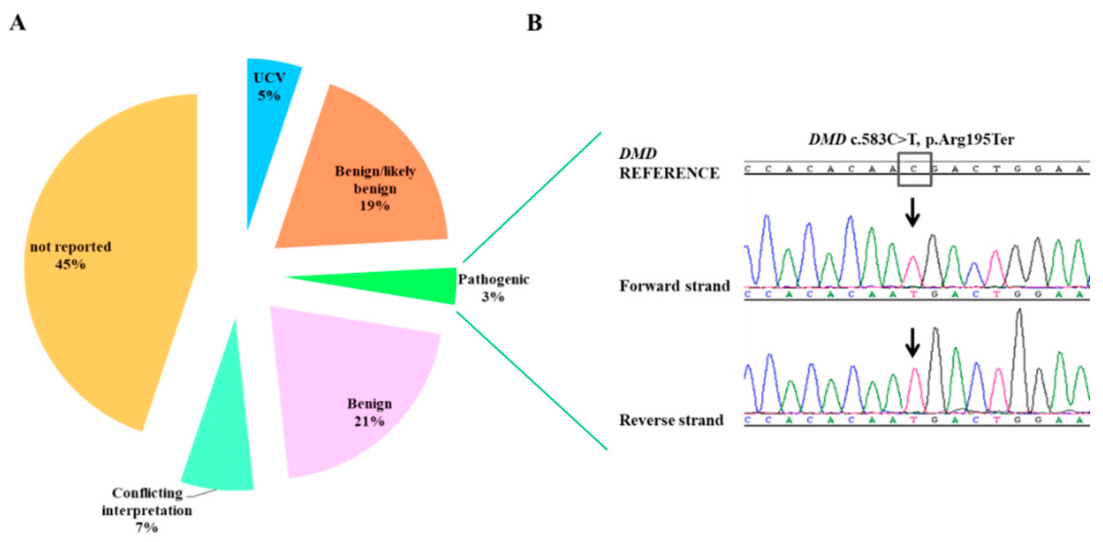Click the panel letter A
[17, 23]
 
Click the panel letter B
[534, 23]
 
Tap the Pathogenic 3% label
[493, 288]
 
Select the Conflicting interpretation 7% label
[147, 510]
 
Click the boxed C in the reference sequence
[914, 169]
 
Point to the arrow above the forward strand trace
[912, 212]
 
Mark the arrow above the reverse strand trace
[912, 343]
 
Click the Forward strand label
[674, 286]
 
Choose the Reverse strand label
[671, 420]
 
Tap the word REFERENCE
[669, 173]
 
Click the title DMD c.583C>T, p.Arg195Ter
[911, 140]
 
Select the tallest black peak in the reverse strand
[1019, 317]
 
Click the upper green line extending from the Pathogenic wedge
[532, 197]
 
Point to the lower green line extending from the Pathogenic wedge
[532, 380]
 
